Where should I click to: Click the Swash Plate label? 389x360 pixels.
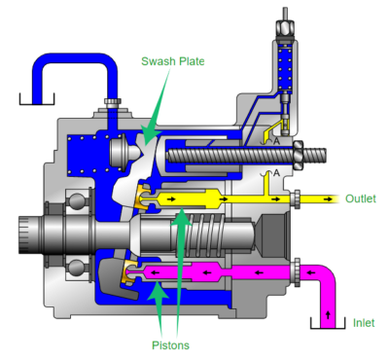click(x=173, y=61)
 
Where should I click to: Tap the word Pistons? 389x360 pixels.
click(x=170, y=345)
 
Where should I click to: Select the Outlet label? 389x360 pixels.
click(x=361, y=198)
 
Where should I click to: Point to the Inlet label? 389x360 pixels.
click(x=364, y=323)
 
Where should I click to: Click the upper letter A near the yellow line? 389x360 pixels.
click(x=276, y=141)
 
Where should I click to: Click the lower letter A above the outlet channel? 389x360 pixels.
click(x=276, y=173)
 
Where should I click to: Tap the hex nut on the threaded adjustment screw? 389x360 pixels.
click(x=298, y=155)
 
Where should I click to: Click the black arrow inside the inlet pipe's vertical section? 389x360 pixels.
click(x=328, y=314)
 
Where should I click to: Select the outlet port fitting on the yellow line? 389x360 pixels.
click(x=296, y=198)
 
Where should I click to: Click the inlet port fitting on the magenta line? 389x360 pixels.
click(x=297, y=272)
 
